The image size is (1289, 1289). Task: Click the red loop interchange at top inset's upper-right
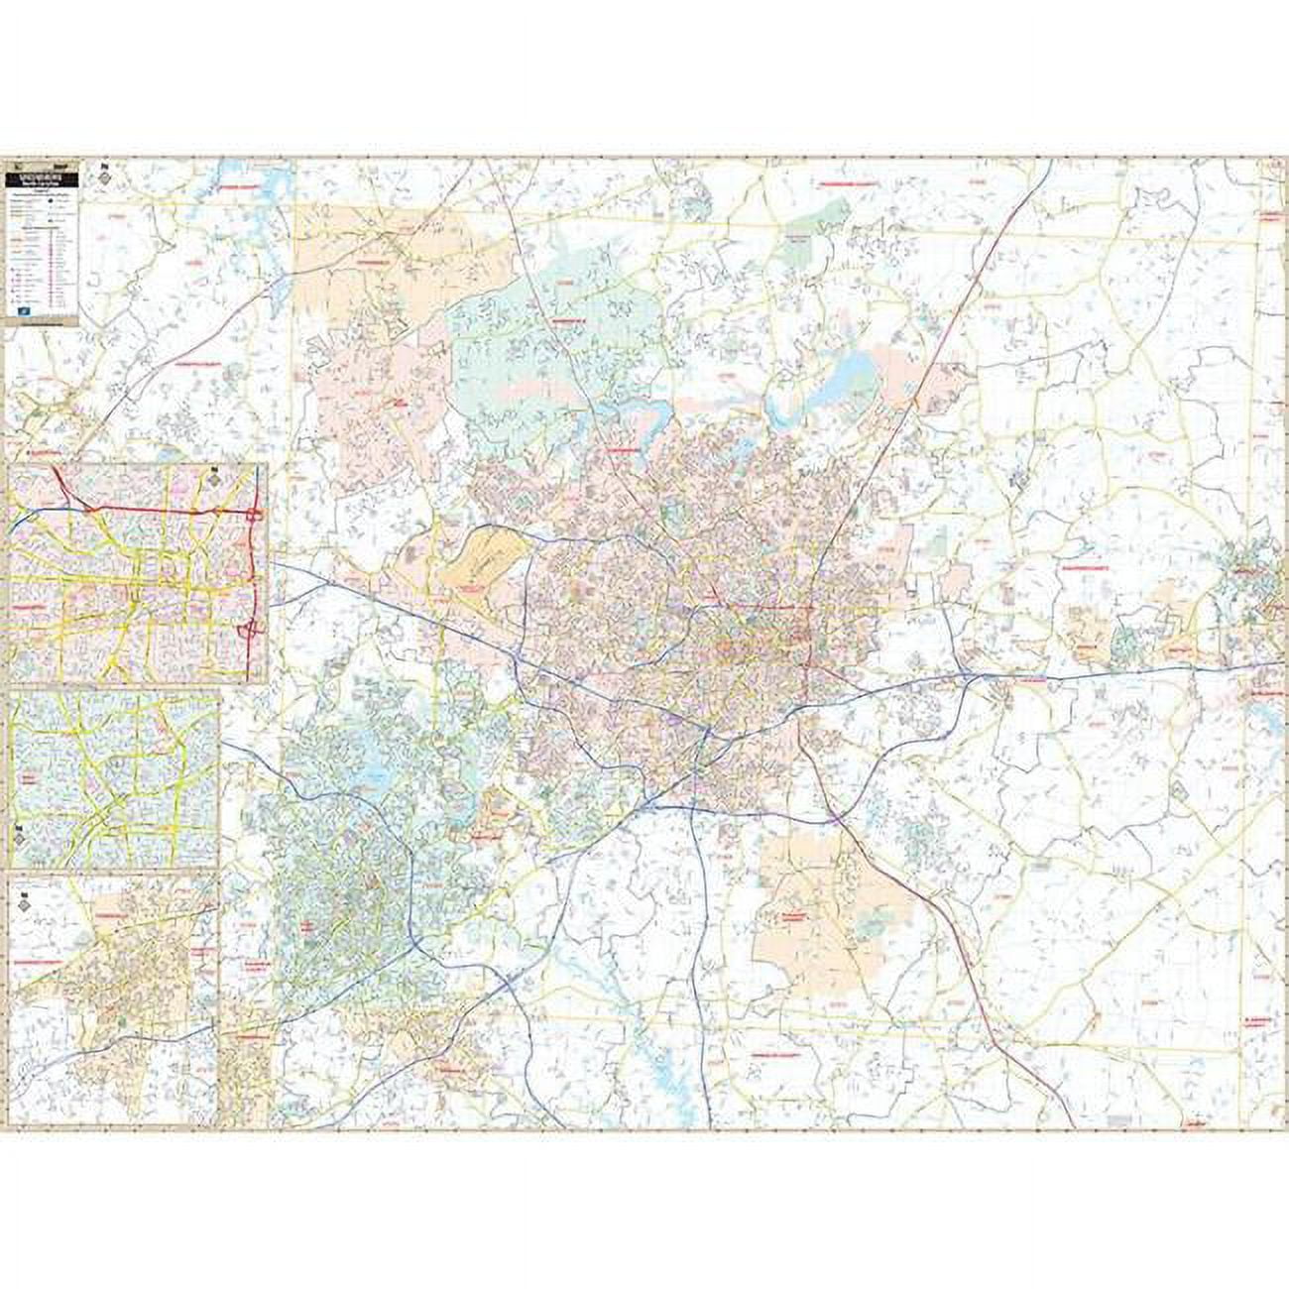click(257, 514)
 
